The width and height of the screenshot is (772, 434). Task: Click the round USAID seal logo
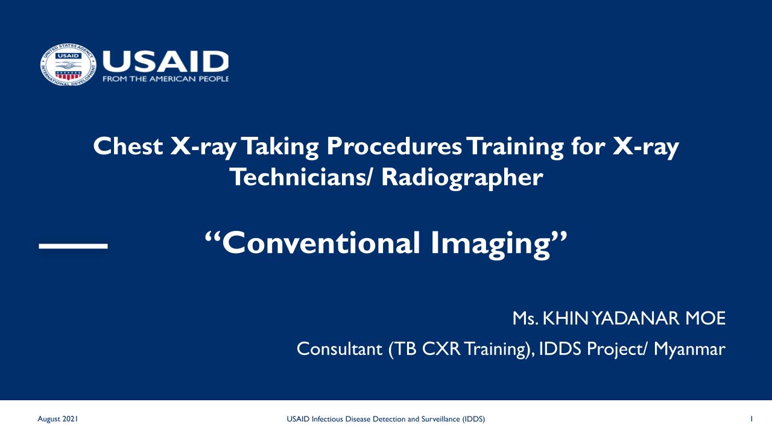tap(68, 64)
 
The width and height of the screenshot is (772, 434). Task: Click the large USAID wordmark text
tap(166, 61)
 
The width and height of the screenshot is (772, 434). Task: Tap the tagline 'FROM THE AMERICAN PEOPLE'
tap(166, 79)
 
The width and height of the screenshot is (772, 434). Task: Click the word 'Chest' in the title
tap(128, 146)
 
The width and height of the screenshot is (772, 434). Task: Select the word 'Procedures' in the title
tap(394, 146)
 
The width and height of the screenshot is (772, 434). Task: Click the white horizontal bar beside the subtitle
tap(74, 246)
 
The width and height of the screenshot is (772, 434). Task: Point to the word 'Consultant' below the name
tap(340, 349)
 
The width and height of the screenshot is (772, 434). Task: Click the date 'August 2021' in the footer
tap(57, 419)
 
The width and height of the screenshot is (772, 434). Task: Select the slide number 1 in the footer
tap(751, 419)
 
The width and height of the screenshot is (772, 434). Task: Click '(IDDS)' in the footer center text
tap(473, 419)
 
